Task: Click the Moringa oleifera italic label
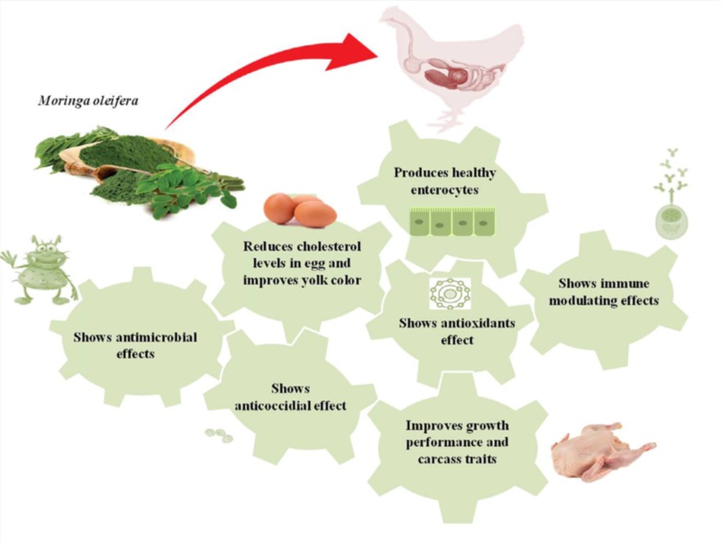point(78,102)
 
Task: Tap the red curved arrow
point(270,74)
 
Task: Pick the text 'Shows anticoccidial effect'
point(290,397)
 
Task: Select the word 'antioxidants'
point(478,323)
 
